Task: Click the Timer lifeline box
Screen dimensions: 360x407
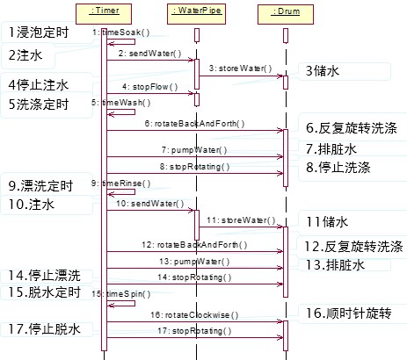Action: [103, 11]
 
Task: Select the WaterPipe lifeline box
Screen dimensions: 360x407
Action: [196, 11]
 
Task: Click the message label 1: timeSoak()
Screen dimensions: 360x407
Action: [121, 32]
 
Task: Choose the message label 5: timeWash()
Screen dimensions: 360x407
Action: [121, 102]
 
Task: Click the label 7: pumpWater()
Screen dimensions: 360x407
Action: [195, 150]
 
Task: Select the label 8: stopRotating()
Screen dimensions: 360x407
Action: [194, 166]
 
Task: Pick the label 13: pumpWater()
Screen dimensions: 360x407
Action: [195, 261]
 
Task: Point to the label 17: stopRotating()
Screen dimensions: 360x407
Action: [194, 331]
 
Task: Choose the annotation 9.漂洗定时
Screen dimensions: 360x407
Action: [43, 186]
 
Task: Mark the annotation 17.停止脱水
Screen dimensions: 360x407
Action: [44, 330]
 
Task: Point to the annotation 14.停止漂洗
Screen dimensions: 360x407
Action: [44, 275]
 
